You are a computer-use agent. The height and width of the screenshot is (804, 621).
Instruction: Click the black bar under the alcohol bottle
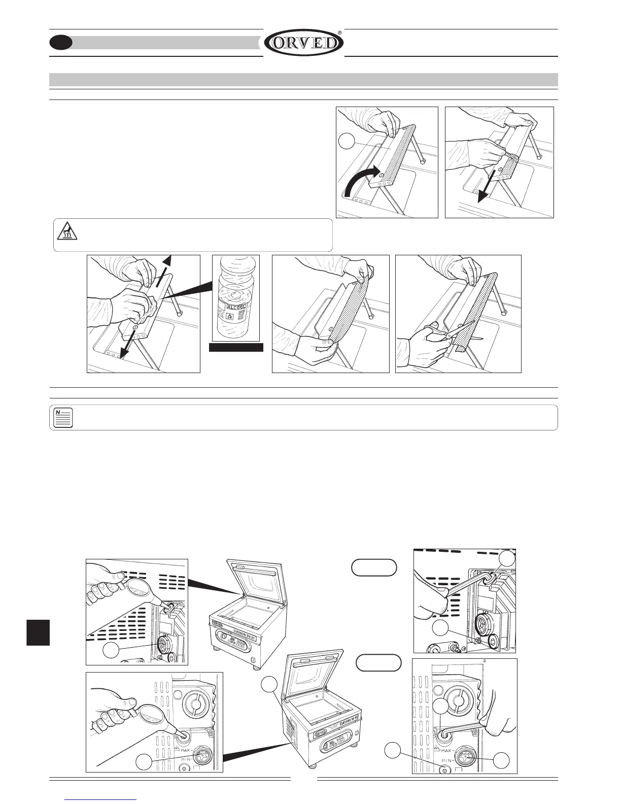[x=236, y=347]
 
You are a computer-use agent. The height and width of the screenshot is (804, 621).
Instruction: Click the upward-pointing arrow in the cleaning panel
[x=167, y=267]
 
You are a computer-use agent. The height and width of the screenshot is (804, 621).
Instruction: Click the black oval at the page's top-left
[x=60, y=43]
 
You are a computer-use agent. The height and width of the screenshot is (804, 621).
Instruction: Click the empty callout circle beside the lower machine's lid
[x=269, y=686]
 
